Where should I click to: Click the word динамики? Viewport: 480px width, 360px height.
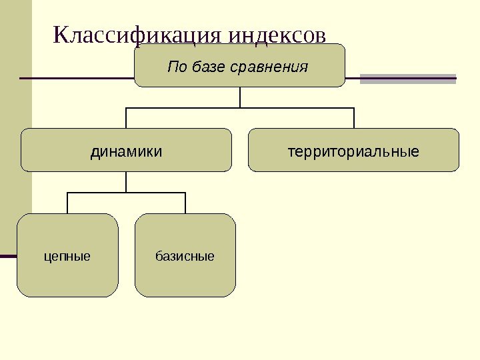coord(126,152)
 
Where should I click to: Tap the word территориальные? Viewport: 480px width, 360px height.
coord(354,152)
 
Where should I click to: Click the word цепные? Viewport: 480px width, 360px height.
coord(67,255)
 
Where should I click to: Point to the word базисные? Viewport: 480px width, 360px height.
coord(185,255)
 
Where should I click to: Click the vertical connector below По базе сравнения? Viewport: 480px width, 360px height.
coord(240,97)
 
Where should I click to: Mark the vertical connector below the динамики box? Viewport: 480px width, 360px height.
coord(126,182)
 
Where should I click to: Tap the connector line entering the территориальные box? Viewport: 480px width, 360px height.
coord(354,118)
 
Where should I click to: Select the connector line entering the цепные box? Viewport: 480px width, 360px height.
coord(67,203)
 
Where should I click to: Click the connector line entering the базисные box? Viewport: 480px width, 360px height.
coord(185,203)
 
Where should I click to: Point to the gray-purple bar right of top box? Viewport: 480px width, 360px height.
coord(408,79)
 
